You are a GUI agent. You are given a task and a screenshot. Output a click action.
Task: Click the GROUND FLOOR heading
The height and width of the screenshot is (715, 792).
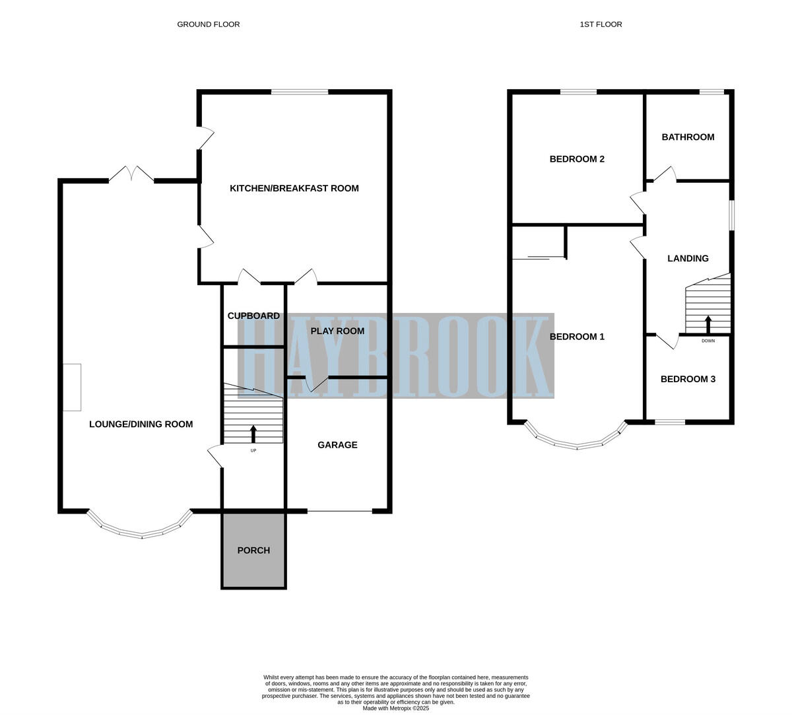pyautogui.click(x=208, y=24)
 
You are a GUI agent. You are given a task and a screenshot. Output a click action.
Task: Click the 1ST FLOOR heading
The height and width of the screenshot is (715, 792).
pyautogui.click(x=601, y=24)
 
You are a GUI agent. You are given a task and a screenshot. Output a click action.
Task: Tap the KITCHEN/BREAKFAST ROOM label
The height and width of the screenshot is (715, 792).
pyautogui.click(x=294, y=188)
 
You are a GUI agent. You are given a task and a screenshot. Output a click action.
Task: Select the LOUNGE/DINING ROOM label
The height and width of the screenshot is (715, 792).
pyautogui.click(x=141, y=424)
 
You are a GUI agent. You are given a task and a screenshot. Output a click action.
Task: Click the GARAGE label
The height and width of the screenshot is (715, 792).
pyautogui.click(x=337, y=445)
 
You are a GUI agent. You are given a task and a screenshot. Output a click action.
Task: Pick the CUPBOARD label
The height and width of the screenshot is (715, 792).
pyautogui.click(x=253, y=316)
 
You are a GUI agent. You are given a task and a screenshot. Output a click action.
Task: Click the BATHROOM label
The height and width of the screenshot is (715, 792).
pyautogui.click(x=688, y=137)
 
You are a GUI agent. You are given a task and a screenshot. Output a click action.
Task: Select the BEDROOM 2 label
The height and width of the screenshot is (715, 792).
pyautogui.click(x=577, y=159)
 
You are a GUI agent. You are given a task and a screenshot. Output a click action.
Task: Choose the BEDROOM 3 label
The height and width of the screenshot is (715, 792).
pyautogui.click(x=688, y=379)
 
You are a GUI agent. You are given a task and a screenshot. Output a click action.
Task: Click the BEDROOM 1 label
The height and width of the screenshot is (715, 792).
pyautogui.click(x=577, y=337)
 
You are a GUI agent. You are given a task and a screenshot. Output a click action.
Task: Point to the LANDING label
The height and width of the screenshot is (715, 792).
pyautogui.click(x=688, y=259)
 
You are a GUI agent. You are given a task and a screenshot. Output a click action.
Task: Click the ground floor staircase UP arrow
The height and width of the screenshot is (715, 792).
pyautogui.click(x=253, y=434)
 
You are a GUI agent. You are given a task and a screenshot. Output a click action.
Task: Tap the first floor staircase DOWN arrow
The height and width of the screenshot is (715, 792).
pyautogui.click(x=708, y=325)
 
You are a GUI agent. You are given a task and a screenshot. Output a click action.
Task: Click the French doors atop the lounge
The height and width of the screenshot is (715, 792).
pyautogui.click(x=131, y=174)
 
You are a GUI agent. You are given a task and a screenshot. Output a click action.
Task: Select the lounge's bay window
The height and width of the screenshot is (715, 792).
pyautogui.click(x=140, y=529)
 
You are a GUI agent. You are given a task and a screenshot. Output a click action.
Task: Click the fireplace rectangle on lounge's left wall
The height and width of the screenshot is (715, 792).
pyautogui.click(x=72, y=387)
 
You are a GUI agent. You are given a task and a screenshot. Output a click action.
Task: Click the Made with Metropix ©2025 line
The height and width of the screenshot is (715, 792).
pyautogui.click(x=395, y=708)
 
